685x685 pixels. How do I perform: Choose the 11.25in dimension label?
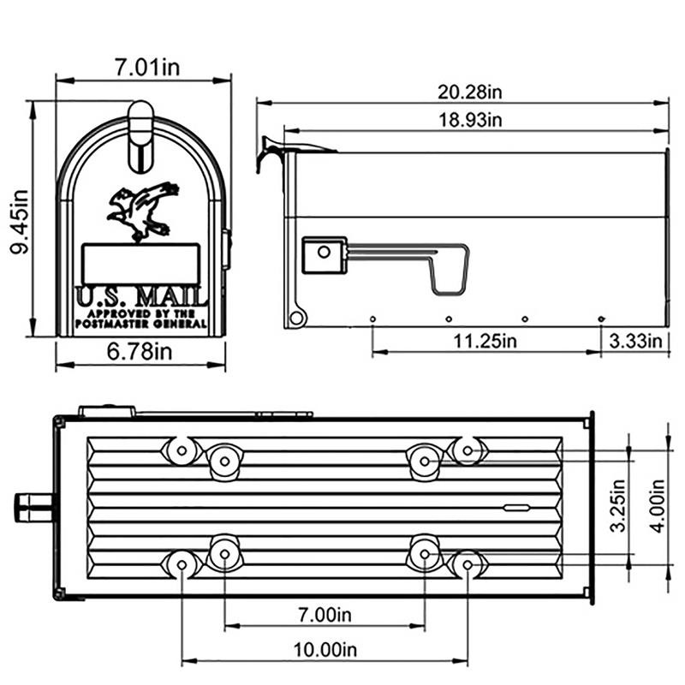[485, 341]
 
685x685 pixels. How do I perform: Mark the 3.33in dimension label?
[635, 341]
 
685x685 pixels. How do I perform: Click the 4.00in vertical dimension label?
[658, 505]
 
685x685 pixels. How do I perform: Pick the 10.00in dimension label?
[325, 650]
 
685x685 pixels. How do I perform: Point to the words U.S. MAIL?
[141, 297]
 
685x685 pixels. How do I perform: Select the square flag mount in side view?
[324, 254]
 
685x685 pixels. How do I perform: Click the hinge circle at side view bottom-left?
[296, 319]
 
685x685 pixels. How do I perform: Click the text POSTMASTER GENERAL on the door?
[141, 325]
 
